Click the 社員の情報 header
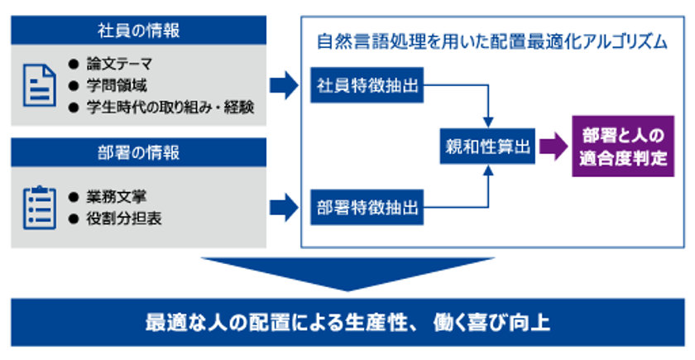pos(138,30)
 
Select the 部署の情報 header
pos(138,152)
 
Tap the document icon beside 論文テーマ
pos(40,85)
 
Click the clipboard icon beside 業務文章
pos(40,208)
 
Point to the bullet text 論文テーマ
pos(119,65)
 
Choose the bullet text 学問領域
pos(117,85)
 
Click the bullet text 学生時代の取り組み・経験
pos(170,108)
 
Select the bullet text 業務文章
pos(117,197)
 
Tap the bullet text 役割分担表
pos(123,218)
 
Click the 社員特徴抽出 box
pos(367,85)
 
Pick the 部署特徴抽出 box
pos(367,207)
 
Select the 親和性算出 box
pos(487,146)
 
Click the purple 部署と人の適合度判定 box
pos(623,146)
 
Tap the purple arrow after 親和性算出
pos(554,146)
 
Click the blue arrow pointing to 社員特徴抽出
pos(284,85)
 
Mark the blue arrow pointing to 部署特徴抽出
pos(284,207)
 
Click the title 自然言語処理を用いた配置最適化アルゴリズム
pos(492,41)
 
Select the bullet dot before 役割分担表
pos(74,218)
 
